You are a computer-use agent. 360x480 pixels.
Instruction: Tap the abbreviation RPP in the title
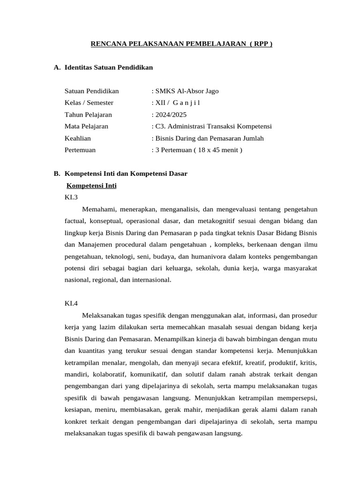click(261, 44)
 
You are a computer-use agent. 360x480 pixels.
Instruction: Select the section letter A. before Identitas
click(57, 67)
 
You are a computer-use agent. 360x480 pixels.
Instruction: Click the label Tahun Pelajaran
click(88, 114)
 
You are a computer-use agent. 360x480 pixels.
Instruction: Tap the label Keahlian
click(78, 138)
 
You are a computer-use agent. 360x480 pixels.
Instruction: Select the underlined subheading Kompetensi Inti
click(91, 186)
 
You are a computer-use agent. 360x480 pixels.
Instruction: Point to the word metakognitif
click(224, 221)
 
